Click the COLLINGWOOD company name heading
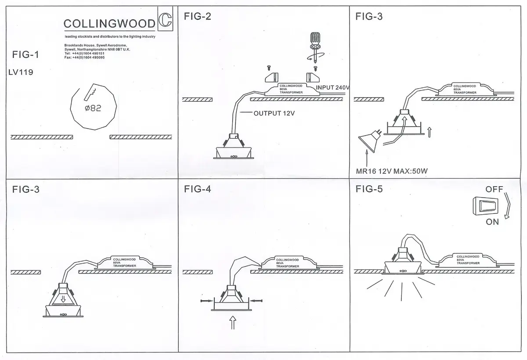[x=109, y=24]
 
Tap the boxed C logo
[x=165, y=19]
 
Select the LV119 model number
[x=21, y=72]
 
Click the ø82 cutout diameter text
[x=93, y=108]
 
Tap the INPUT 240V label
[x=332, y=87]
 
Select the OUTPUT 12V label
[x=274, y=113]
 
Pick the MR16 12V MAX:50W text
[x=392, y=171]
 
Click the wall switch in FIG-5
[x=485, y=206]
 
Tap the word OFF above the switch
[x=495, y=189]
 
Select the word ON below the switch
[x=492, y=222]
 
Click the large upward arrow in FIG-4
[x=233, y=322]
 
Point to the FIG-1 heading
[x=25, y=54]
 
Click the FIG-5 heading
[x=369, y=189]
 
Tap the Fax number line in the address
[x=84, y=58]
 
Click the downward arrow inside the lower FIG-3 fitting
[x=63, y=299]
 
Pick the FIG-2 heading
[x=197, y=16]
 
